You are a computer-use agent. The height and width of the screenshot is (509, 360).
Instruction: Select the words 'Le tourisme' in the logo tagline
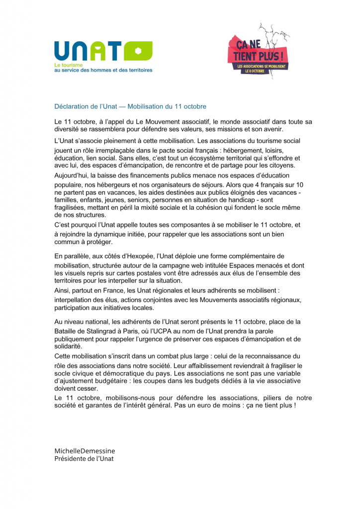[x=69, y=65]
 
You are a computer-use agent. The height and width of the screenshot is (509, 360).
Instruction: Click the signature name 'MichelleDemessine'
[x=85, y=451]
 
